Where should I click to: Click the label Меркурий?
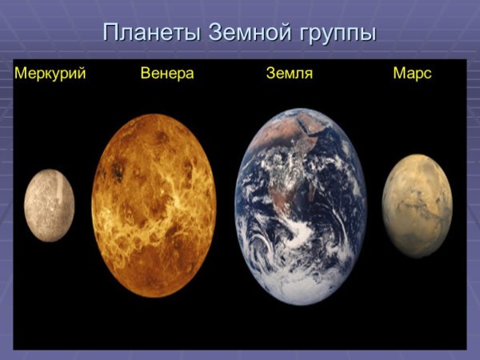pyautogui.click(x=50, y=74)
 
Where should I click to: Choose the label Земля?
pyautogui.click(x=289, y=74)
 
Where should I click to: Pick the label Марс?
pyautogui.click(x=412, y=74)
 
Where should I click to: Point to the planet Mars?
pyautogui.click(x=417, y=206)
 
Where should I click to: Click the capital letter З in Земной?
pyautogui.click(x=214, y=34)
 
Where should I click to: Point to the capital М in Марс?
pyautogui.click(x=398, y=74)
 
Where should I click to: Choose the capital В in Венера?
pyautogui.click(x=145, y=74)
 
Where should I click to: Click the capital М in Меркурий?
pyautogui.click(x=20, y=74)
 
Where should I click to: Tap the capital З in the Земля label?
pyautogui.click(x=270, y=74)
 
